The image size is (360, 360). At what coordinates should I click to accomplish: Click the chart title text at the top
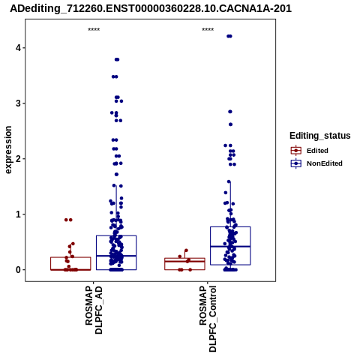click(151, 9)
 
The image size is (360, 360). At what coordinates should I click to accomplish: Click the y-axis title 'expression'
click(8, 150)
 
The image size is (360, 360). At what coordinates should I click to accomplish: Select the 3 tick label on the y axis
click(18, 103)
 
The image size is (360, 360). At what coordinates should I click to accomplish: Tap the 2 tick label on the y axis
click(18, 159)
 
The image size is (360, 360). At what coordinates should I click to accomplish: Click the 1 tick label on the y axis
click(18, 214)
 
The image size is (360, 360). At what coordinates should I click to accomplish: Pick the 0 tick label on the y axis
click(18, 270)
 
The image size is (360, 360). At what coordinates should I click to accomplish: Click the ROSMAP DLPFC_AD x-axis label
click(94, 310)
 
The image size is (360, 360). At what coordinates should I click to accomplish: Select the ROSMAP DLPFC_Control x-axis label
click(208, 319)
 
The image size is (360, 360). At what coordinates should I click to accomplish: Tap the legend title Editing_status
click(320, 136)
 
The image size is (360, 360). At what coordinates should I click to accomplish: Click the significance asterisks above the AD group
click(94, 30)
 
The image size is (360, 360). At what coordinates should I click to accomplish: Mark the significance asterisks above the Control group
click(208, 30)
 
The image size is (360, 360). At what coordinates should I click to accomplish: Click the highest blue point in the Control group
click(229, 36)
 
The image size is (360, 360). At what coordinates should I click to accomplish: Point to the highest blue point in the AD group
click(117, 59)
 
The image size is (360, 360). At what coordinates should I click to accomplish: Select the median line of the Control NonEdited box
click(230, 247)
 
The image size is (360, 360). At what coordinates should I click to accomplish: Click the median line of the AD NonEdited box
click(116, 256)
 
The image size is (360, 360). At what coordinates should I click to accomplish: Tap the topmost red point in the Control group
click(186, 250)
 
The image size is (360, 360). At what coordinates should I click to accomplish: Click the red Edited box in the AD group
click(70, 257)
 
